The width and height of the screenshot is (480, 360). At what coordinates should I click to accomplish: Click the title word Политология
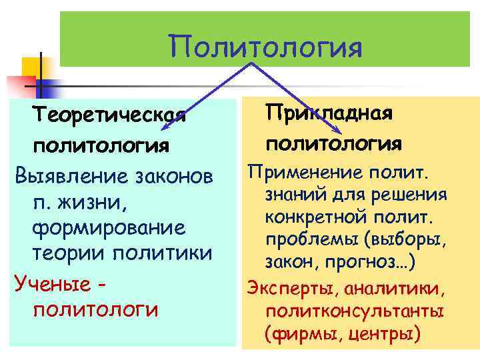(265, 47)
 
